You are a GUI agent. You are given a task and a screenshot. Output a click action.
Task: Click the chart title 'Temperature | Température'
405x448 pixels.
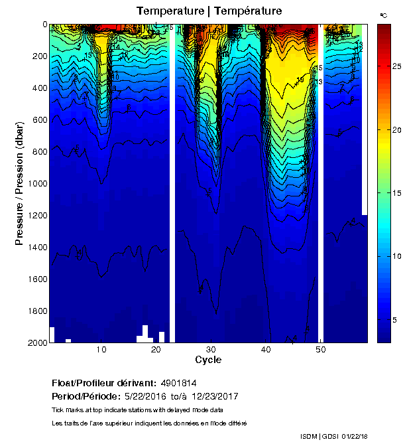(209, 11)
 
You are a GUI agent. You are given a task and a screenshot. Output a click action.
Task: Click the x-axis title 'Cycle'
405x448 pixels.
(208, 360)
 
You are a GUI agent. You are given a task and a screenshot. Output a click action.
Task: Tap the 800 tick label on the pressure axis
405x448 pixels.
(38, 152)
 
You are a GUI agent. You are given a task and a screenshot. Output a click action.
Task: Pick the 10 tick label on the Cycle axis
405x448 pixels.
(101, 350)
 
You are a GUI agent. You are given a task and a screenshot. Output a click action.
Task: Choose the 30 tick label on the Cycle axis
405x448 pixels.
(211, 350)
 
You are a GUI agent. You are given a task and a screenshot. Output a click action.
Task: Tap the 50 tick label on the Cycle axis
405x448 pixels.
(320, 350)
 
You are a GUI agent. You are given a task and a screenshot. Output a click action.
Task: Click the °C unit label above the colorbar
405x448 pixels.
(382, 15)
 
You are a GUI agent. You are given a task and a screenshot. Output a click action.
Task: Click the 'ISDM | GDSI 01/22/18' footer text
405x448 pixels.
(333, 435)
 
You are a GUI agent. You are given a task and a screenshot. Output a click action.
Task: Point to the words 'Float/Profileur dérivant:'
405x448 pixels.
(103, 384)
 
